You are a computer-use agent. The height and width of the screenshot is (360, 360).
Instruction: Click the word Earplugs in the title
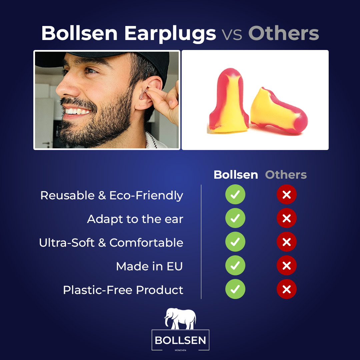[170, 34]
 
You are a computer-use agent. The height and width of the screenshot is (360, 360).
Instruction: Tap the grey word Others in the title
[284, 33]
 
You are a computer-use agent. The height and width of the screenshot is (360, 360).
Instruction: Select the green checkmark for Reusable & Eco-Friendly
[235, 194]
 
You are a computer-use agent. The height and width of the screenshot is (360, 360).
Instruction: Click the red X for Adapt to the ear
[287, 218]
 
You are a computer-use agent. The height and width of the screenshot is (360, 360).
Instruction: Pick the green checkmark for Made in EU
[235, 265]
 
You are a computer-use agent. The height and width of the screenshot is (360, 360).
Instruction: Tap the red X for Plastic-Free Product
[287, 289]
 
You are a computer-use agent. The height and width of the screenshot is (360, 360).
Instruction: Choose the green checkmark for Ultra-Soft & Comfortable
[235, 242]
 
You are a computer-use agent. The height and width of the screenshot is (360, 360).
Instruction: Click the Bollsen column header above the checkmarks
[236, 175]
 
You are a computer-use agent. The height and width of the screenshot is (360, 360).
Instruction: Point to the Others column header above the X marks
[286, 175]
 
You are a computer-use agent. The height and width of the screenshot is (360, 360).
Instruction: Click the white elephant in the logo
[180, 318]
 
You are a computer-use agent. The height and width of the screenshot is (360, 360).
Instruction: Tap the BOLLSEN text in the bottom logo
[180, 340]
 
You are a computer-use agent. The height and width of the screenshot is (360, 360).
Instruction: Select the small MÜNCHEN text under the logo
[180, 350]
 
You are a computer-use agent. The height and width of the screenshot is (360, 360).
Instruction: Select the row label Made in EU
[149, 266]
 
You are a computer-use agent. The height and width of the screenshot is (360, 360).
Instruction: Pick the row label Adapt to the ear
[135, 219]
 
